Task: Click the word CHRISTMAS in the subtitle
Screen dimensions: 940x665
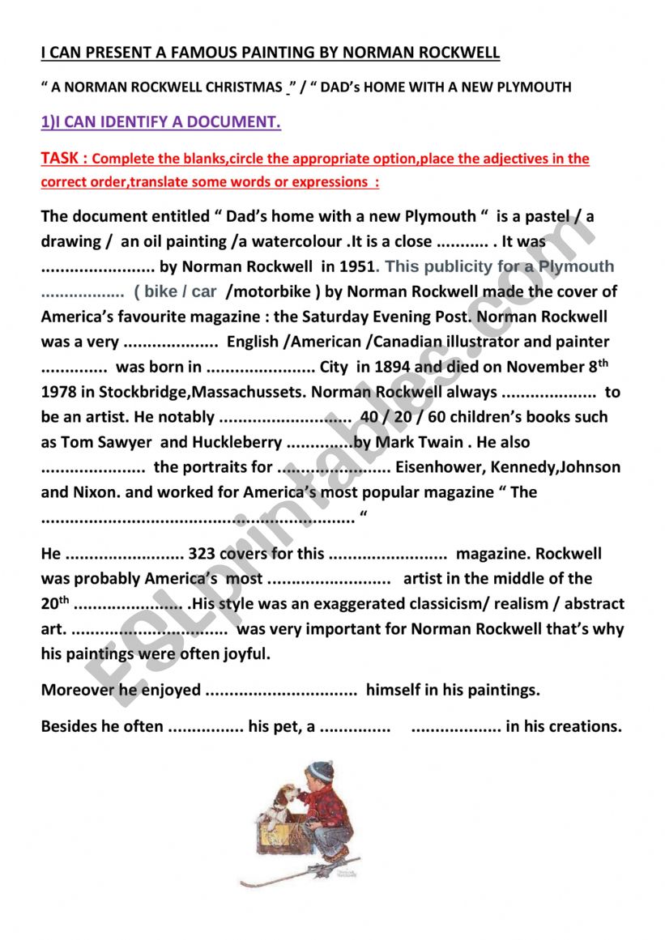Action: pos(243,87)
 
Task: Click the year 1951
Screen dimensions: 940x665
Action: pos(357,266)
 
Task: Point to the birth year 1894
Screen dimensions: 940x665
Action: pos(394,367)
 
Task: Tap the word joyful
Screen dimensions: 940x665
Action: pos(246,653)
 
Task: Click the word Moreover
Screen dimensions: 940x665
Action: pos(79,690)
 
